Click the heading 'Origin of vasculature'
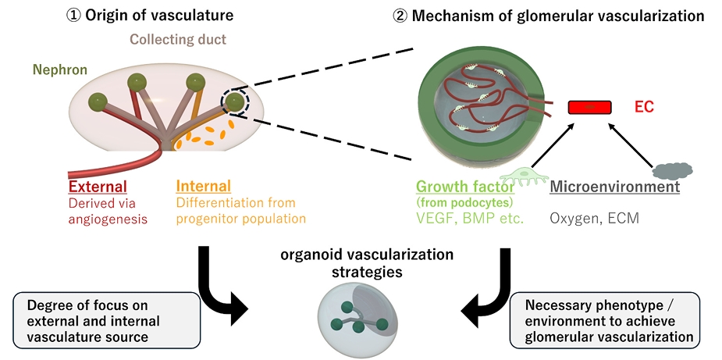coord(160,15)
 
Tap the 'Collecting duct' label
coord(176,39)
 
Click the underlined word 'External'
coord(98,187)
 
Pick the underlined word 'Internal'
coord(204,187)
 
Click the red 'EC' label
coord(644,108)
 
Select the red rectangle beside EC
coord(589,108)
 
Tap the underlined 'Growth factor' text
coord(465,187)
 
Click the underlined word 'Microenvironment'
coord(615,187)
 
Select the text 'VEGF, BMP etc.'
coord(470,219)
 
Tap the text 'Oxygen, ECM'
coord(595,219)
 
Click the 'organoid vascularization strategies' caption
coord(357,264)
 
